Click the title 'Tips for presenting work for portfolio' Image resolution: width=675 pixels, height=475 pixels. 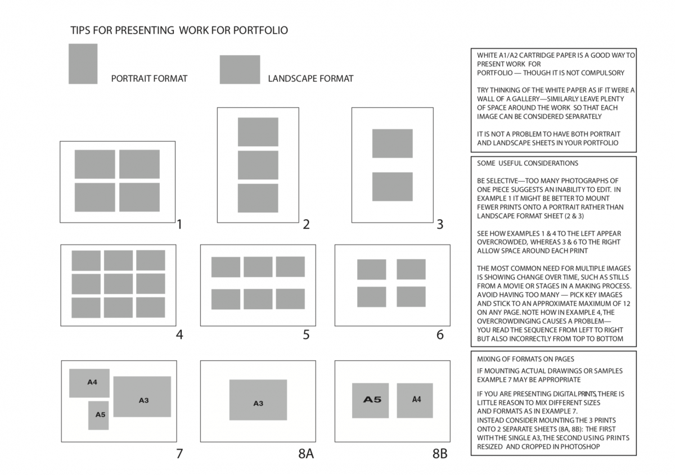pyautogui.click(x=179, y=30)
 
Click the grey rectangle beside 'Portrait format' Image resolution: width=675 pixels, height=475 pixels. pyautogui.click(x=83, y=64)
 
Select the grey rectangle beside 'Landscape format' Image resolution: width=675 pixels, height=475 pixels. pyautogui.click(x=240, y=69)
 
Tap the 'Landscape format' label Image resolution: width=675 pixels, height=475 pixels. pyautogui.click(x=310, y=79)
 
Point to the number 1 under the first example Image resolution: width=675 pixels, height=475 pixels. pyautogui.click(x=179, y=225)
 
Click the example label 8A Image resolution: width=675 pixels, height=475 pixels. pyautogui.click(x=305, y=453)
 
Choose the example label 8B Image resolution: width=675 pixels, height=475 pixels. pyautogui.click(x=440, y=453)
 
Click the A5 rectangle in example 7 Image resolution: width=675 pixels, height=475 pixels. pyautogui.click(x=98, y=415)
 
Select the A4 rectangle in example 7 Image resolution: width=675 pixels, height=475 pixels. pyautogui.click(x=89, y=383)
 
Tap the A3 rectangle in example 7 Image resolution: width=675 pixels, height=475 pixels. pyautogui.click(x=142, y=397)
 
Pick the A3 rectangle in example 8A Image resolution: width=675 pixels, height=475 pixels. pyautogui.click(x=258, y=400)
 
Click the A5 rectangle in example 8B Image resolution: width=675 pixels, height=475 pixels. pyautogui.click(x=370, y=400)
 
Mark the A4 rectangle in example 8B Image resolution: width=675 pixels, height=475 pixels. pyautogui.click(x=415, y=400)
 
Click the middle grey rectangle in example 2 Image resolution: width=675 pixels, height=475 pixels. pyautogui.click(x=258, y=165)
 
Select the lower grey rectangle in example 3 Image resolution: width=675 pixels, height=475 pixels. pyautogui.click(x=392, y=187)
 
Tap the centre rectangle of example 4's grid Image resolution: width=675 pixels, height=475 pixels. pyautogui.click(x=118, y=284)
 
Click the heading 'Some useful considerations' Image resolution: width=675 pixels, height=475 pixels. pyautogui.click(x=528, y=164)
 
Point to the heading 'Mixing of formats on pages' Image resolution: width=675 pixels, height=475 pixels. pyautogui.click(x=525, y=359)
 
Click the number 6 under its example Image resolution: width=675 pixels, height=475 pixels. pyautogui.click(x=440, y=335)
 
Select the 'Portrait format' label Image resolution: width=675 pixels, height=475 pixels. pyautogui.click(x=149, y=79)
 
